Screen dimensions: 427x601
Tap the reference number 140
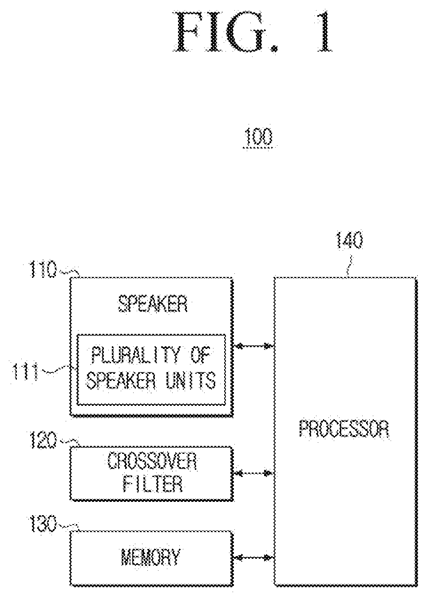click(x=349, y=240)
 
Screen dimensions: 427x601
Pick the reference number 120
click(x=43, y=440)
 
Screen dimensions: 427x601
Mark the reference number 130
click(x=43, y=524)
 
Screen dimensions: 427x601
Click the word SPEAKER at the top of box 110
click(x=152, y=304)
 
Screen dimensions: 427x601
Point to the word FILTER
click(x=153, y=484)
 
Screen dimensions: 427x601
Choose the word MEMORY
click(x=150, y=557)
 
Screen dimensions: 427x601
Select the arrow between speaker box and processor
click(x=253, y=346)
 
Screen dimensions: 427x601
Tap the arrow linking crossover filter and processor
click(x=253, y=473)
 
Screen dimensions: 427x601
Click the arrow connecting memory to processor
click(x=253, y=557)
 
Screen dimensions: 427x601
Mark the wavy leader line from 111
click(x=58, y=370)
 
